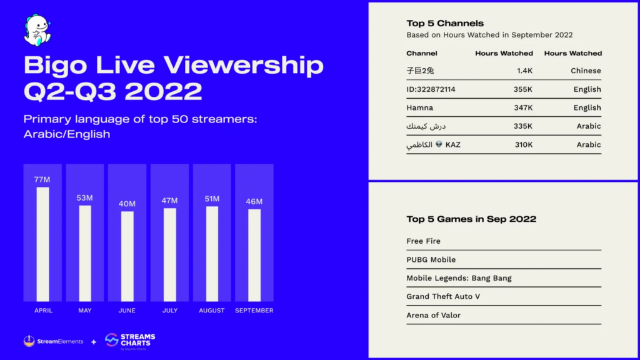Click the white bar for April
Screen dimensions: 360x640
click(42, 244)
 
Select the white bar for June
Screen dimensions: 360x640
click(127, 256)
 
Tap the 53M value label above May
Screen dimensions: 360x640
click(85, 198)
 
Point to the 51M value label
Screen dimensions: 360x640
click(212, 199)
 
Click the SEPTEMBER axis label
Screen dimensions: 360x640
click(254, 311)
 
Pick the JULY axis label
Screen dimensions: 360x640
click(169, 311)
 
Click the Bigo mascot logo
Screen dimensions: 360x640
click(37, 31)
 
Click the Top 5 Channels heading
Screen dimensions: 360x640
click(445, 23)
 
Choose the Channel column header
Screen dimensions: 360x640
click(422, 54)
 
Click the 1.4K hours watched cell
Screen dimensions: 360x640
click(524, 71)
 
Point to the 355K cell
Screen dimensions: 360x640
click(522, 89)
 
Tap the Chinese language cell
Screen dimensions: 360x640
click(586, 71)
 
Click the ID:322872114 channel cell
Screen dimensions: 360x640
click(431, 89)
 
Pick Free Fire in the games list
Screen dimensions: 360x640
click(423, 241)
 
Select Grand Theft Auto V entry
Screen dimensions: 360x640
click(443, 297)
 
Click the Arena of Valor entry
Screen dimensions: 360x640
click(433, 316)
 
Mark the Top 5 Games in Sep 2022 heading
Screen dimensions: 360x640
click(471, 219)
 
